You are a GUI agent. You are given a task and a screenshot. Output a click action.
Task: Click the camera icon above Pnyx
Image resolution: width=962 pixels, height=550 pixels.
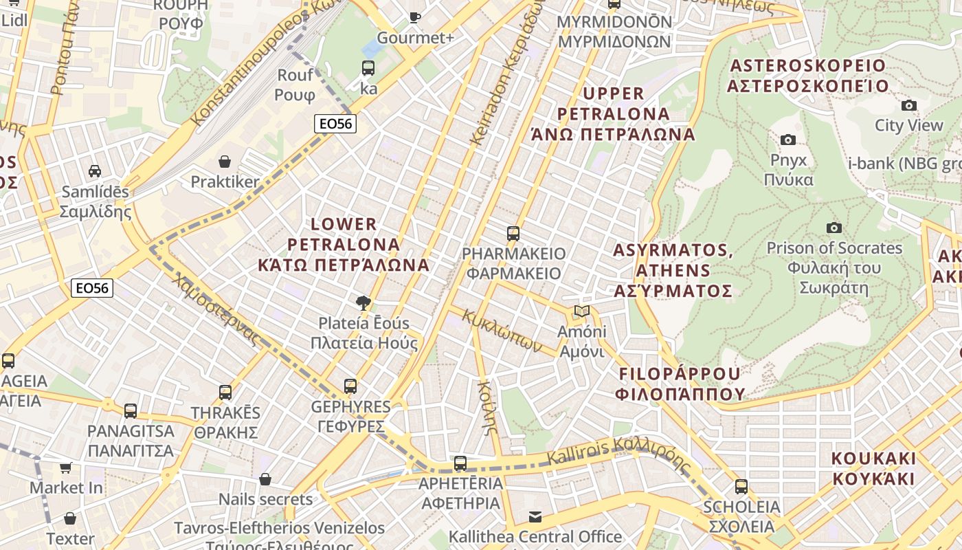(788, 140)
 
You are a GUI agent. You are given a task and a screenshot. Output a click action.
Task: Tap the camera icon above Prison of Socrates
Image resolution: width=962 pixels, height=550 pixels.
(834, 228)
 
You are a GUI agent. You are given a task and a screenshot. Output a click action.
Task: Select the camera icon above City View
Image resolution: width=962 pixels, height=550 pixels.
(908, 105)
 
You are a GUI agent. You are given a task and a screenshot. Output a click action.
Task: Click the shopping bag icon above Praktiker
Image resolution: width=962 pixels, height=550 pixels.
(224, 162)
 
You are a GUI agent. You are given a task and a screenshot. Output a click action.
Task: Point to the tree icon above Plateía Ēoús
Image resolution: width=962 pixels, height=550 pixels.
(363, 302)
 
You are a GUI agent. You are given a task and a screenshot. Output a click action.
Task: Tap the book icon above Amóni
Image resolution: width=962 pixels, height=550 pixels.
(582, 311)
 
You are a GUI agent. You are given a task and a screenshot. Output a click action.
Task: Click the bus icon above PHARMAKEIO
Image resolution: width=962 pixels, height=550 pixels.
(513, 233)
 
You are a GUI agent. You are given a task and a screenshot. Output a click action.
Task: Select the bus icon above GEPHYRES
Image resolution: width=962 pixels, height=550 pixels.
(350, 386)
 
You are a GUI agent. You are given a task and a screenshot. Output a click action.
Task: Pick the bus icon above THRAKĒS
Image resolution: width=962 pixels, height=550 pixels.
(225, 393)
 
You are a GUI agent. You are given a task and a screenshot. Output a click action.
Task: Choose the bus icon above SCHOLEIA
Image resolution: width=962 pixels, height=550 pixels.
(741, 487)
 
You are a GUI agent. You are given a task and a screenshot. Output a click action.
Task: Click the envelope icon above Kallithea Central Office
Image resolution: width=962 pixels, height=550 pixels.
(535, 516)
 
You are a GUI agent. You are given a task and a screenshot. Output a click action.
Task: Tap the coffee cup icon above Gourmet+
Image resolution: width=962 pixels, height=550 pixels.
(414, 17)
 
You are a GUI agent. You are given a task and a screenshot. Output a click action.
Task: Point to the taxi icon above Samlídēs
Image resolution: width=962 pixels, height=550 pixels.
(95, 171)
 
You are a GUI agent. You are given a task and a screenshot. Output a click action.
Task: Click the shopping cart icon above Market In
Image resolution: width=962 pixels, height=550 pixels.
(66, 468)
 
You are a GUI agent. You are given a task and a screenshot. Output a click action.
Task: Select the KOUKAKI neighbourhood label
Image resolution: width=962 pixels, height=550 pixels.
(873, 468)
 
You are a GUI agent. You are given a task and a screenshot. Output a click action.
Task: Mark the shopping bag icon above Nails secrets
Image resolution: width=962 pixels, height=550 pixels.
(265, 479)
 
